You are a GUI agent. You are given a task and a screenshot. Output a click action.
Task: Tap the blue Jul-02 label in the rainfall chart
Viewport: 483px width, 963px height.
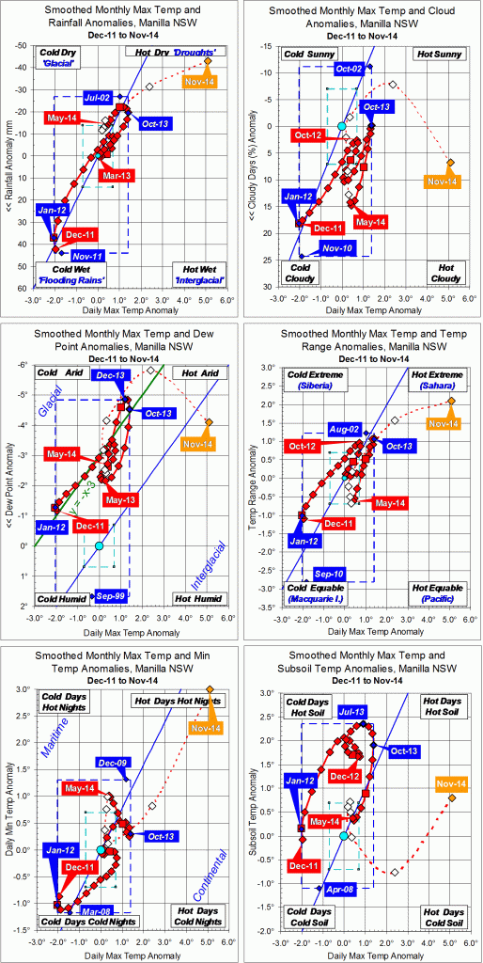[98, 98]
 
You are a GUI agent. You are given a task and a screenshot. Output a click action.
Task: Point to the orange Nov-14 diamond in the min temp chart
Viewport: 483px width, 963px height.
[209, 689]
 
